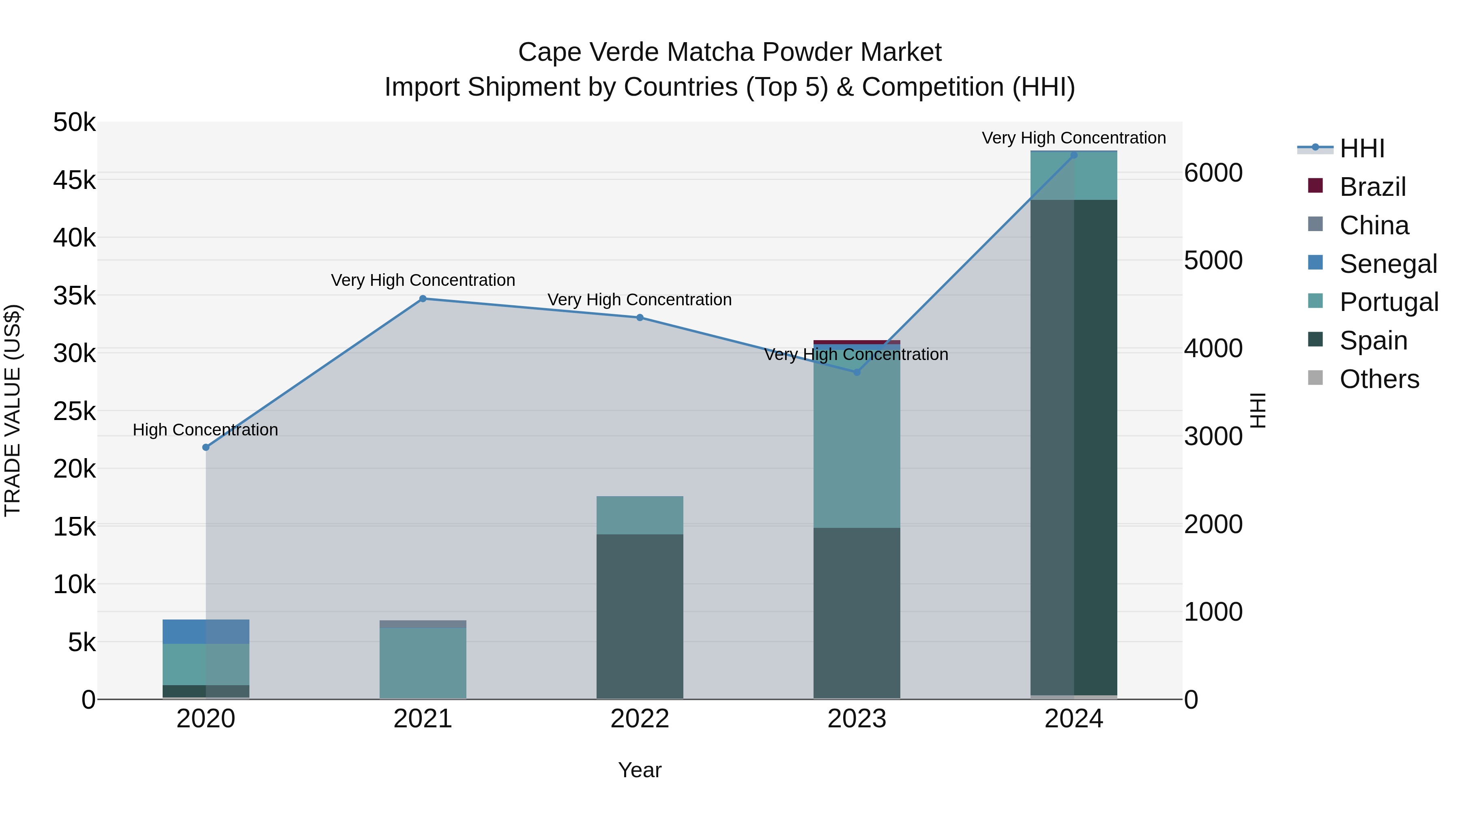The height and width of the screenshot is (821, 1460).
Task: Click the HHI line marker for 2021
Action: pyautogui.click(x=423, y=298)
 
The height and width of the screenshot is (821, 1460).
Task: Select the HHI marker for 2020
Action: pyautogui.click(x=206, y=447)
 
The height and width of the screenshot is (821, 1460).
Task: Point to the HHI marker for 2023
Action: pyautogui.click(x=857, y=372)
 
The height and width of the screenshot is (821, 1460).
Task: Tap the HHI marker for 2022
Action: pyautogui.click(x=640, y=317)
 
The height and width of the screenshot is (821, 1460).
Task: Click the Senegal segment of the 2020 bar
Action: pyautogui.click(x=206, y=631)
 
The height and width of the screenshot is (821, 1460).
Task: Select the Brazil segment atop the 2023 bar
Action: pyautogui.click(x=857, y=342)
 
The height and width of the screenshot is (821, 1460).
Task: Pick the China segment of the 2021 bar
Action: pyautogui.click(x=423, y=624)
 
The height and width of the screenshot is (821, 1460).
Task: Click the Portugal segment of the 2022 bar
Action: pyautogui.click(x=640, y=515)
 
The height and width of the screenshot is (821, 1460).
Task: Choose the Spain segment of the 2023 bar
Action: pyautogui.click(x=857, y=612)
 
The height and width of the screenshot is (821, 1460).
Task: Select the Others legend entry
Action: pyautogui.click(x=1379, y=379)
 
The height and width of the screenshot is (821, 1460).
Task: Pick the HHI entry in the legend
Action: pyautogui.click(x=1362, y=148)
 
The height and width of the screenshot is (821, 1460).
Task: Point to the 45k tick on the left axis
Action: pyautogui.click(x=74, y=180)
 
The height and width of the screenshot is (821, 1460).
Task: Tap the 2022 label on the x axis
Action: pyautogui.click(x=640, y=719)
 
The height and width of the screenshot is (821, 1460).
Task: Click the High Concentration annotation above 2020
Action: pyautogui.click(x=205, y=429)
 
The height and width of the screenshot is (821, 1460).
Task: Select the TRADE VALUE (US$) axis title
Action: pyautogui.click(x=13, y=410)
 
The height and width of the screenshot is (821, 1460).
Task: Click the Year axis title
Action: pyautogui.click(x=640, y=770)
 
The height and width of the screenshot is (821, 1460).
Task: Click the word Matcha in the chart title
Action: pyautogui.click(x=711, y=52)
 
